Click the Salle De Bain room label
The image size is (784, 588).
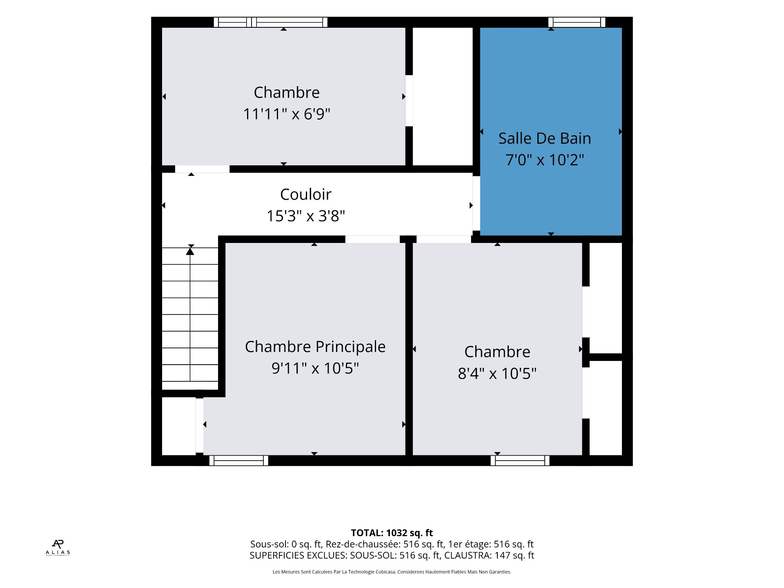[545, 138]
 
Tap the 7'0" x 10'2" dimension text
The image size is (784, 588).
[545, 160]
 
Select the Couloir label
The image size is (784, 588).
[306, 194]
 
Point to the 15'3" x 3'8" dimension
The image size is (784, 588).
[306, 216]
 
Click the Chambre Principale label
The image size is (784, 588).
[315, 347]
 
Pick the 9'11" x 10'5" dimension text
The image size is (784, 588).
[315, 368]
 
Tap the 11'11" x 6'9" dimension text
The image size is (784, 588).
[287, 114]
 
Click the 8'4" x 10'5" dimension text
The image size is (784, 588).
[497, 373]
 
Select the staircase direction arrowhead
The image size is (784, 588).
[190, 251]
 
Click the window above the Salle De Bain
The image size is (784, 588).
[577, 22]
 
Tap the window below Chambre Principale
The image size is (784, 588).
[239, 461]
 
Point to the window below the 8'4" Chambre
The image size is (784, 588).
[520, 461]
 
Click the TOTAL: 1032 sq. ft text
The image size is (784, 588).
[392, 533]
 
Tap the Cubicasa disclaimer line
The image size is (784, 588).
[392, 572]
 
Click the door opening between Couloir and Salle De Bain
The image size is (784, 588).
[476, 203]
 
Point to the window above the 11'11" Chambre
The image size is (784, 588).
[270, 22]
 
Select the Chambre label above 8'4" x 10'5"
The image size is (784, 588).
[497, 352]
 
